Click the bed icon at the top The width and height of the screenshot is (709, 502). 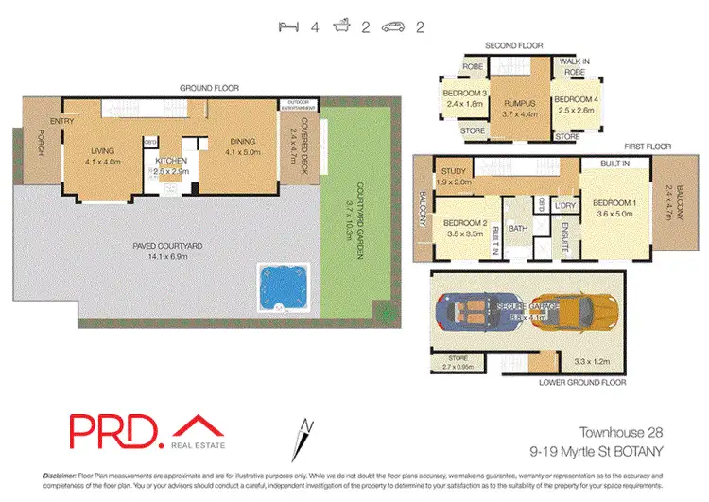coord(290,27)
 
